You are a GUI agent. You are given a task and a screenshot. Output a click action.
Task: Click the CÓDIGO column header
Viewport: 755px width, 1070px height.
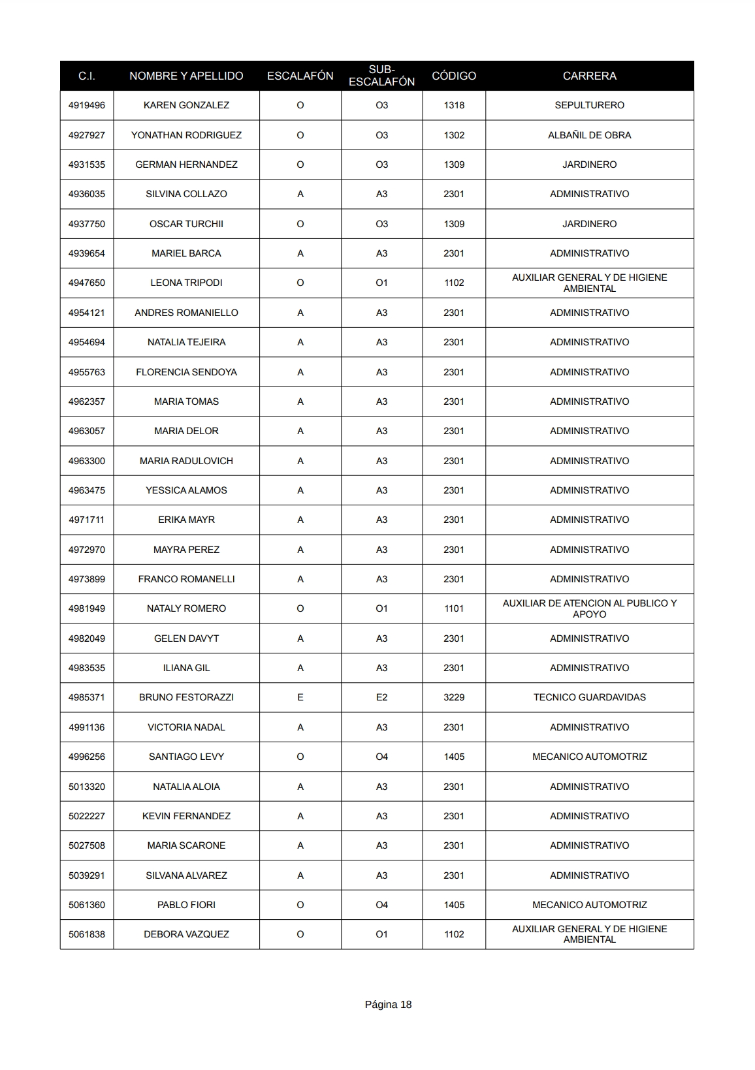[x=454, y=76]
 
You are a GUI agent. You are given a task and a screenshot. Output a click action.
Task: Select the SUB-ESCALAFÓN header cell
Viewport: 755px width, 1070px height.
[x=381, y=76]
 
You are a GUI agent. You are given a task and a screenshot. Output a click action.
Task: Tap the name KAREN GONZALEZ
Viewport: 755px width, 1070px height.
[x=186, y=105]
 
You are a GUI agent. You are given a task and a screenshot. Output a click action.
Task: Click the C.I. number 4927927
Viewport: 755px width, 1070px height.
[x=86, y=135]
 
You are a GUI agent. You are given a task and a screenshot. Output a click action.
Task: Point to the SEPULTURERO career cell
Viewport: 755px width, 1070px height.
[x=589, y=105]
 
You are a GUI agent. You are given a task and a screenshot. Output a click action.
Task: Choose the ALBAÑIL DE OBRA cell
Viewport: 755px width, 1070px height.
[x=589, y=135]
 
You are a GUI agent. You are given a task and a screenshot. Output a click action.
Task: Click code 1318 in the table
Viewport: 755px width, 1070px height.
[x=454, y=105]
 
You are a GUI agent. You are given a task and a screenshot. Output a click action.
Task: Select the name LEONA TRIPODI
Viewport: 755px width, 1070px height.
[x=186, y=283]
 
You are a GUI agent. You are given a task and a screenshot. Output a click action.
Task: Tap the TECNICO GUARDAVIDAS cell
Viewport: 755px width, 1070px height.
[x=589, y=697]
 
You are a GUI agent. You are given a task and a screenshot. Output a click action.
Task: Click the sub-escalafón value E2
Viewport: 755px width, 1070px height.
[x=381, y=697]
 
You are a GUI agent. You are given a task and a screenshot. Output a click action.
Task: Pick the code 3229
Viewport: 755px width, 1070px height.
[x=454, y=697]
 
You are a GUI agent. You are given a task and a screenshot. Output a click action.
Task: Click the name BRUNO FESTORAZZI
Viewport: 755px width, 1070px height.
[x=186, y=697]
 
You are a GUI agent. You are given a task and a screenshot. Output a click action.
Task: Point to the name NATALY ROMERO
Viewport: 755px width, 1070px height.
[x=186, y=608]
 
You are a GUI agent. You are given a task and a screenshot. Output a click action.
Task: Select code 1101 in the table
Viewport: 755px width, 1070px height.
[x=454, y=608]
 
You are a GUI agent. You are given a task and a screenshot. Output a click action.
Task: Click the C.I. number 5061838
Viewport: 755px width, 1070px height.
[x=86, y=934]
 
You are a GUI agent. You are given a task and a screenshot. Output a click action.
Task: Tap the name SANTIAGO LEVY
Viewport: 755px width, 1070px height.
[x=186, y=757]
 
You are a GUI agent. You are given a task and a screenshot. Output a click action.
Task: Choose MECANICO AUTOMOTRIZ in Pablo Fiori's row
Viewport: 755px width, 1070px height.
[x=589, y=905]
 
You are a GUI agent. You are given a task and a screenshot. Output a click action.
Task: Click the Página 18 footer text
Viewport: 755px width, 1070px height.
[x=388, y=1005]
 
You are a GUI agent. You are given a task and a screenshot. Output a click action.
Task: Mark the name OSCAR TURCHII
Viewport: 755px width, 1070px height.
[x=186, y=224]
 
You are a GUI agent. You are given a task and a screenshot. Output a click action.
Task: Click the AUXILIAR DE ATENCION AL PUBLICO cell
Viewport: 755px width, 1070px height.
[x=589, y=608]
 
